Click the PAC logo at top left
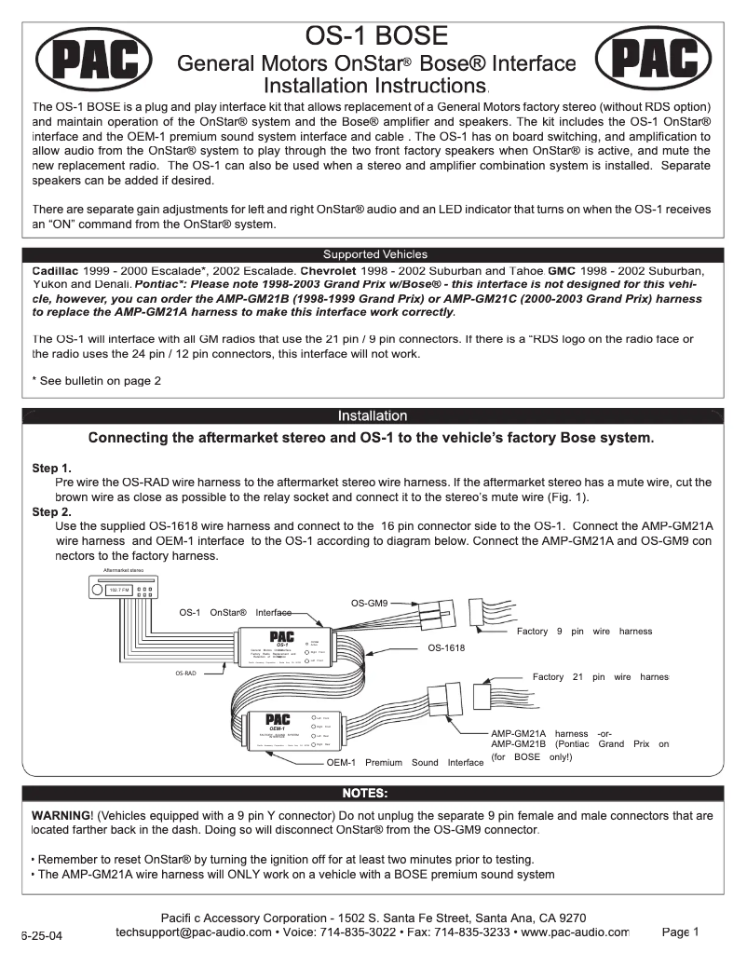[94, 59]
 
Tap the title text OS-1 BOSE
[376, 36]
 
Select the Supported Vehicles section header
[374, 254]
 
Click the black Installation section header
[373, 415]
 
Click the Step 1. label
[52, 468]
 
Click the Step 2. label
[52, 511]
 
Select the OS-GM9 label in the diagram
[370, 604]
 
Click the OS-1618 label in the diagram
[446, 646]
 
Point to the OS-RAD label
[185, 671]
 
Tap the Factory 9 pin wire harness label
[584, 631]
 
